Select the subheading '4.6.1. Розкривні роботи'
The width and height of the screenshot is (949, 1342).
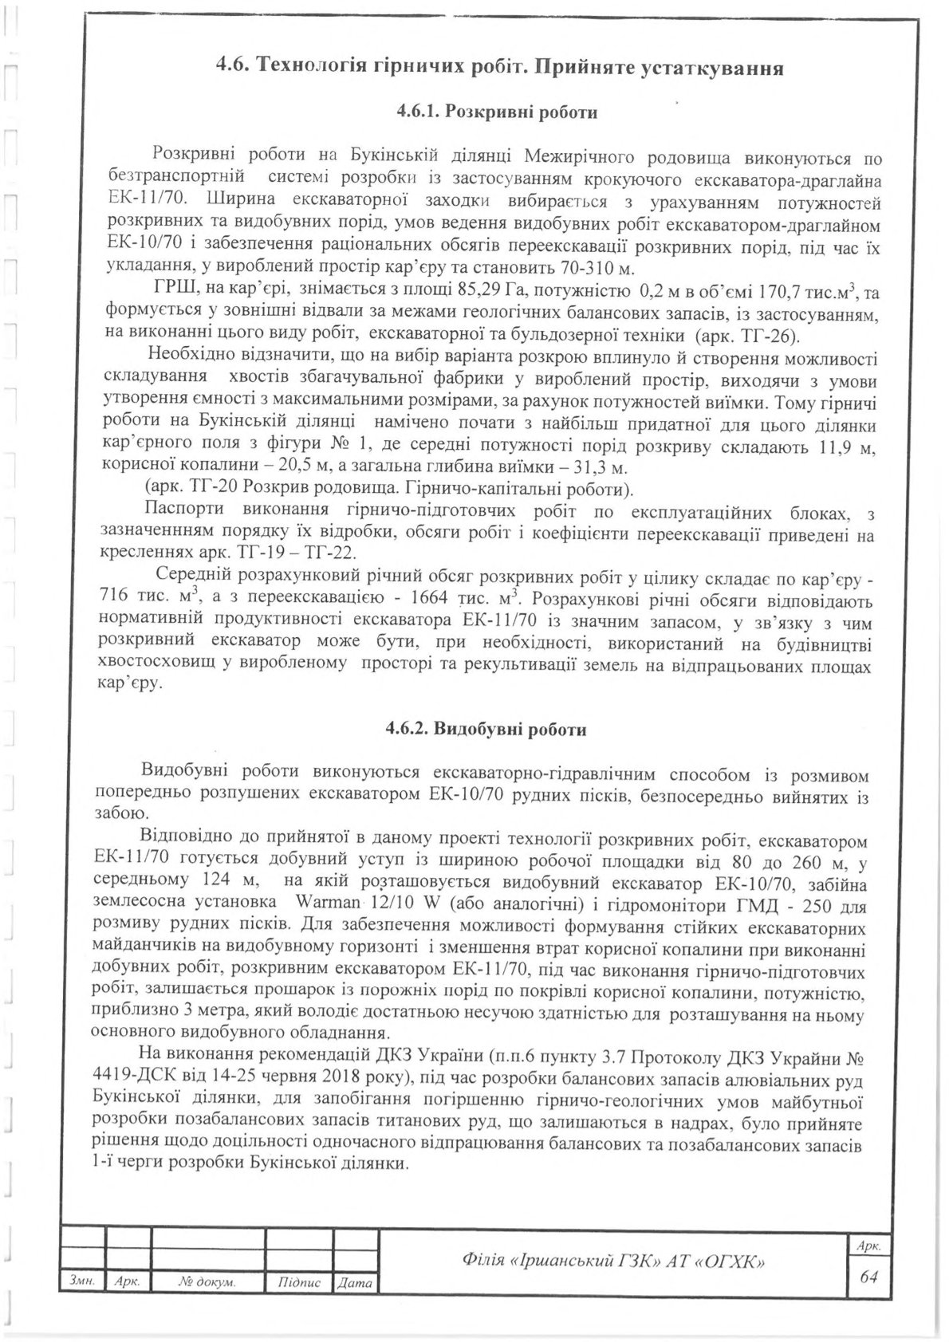(x=496, y=112)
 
